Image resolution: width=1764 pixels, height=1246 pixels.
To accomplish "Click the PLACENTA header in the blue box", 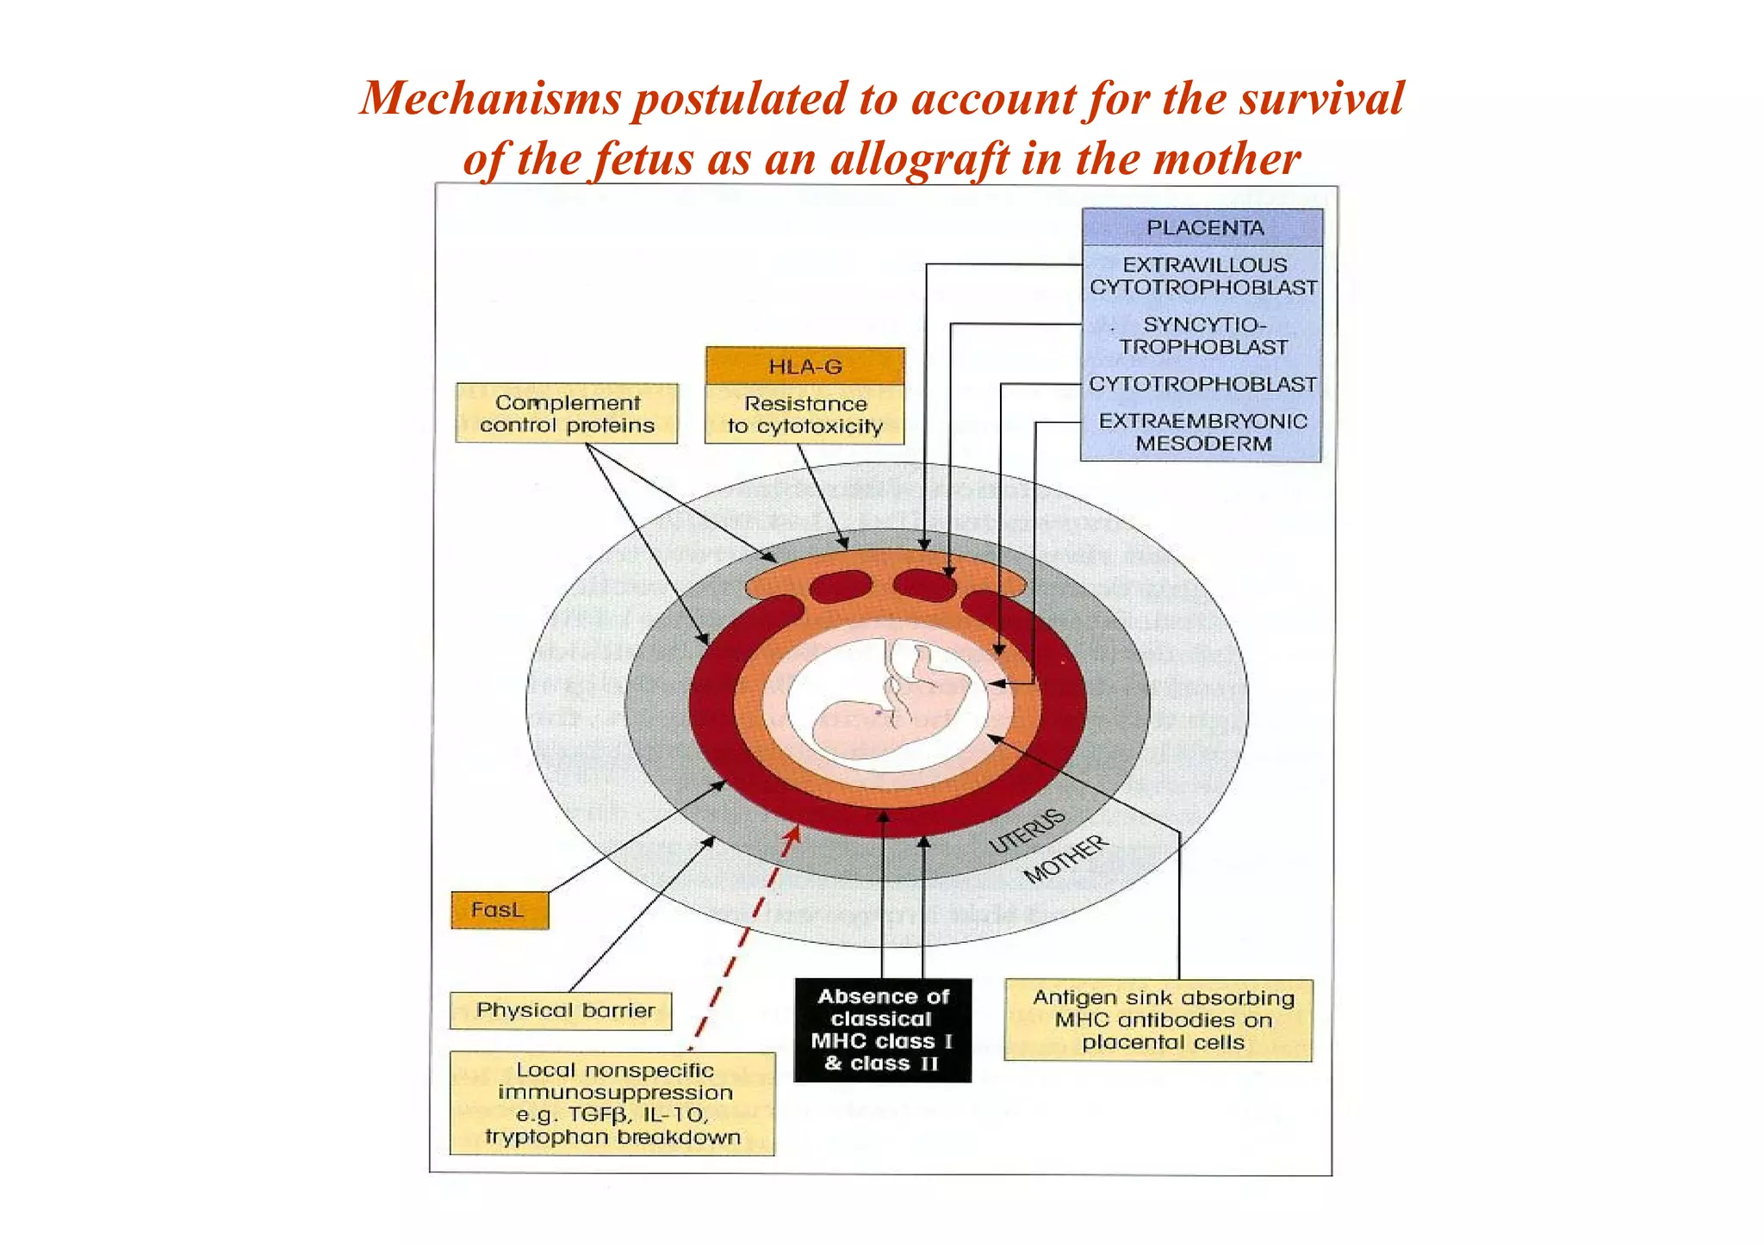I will tap(1203, 228).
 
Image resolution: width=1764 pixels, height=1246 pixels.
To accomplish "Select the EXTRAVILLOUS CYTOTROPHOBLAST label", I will tap(1203, 276).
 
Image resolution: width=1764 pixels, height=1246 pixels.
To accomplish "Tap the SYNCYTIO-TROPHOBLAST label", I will tap(1203, 336).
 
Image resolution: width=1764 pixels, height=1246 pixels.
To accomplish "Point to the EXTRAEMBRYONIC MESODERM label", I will tap(1203, 432).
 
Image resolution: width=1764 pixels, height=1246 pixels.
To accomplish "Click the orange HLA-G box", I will tap(804, 367).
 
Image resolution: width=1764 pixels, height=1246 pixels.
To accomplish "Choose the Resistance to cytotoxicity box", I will tap(804, 415).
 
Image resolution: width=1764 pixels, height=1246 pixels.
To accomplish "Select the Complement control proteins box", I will tap(567, 414).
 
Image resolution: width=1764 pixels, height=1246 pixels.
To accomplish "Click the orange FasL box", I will tap(499, 910).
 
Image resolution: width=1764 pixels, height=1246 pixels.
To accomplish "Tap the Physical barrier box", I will tap(564, 1010).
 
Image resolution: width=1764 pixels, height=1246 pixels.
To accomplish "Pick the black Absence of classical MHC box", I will tap(882, 1030).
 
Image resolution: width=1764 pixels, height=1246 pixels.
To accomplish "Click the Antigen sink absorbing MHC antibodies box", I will tap(1159, 1020).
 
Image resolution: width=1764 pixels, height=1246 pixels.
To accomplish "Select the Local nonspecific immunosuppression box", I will tap(612, 1103).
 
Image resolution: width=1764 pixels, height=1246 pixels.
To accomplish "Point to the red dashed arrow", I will tap(743, 939).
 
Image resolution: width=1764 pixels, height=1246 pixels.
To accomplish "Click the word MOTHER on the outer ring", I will tap(1066, 859).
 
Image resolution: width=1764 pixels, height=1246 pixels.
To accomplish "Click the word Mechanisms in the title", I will tap(491, 98).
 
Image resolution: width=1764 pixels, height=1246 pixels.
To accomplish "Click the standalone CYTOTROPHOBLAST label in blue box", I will tap(1203, 384).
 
